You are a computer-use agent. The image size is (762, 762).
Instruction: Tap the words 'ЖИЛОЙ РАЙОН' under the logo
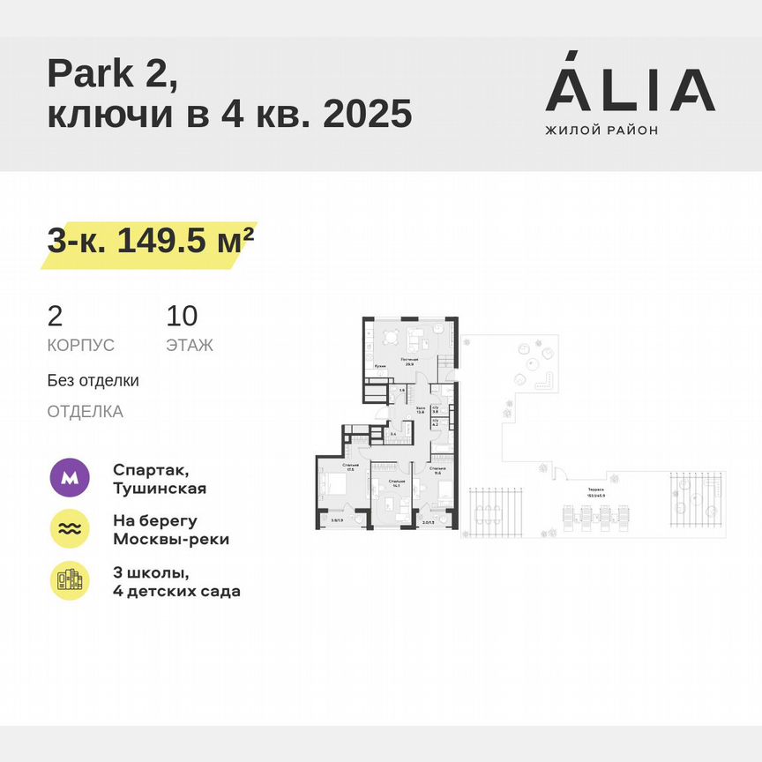(x=601, y=131)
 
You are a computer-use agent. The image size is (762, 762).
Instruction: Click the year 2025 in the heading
(x=368, y=114)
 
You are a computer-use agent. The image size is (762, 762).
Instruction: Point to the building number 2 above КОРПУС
(x=55, y=316)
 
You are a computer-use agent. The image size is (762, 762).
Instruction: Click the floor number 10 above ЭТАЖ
(x=182, y=316)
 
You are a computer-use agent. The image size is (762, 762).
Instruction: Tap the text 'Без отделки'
(x=93, y=381)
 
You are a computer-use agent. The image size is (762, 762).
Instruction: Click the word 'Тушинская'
(x=160, y=488)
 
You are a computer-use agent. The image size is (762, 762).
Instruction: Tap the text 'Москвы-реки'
(x=171, y=539)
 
